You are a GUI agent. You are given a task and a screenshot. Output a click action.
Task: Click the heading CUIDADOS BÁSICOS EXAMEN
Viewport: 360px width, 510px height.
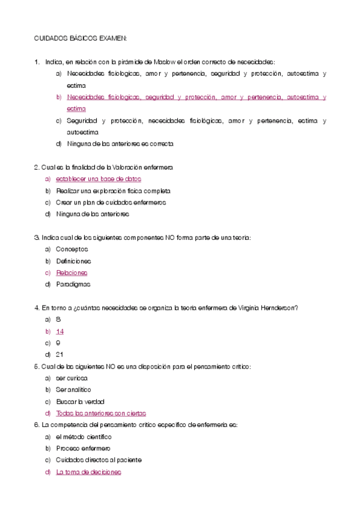[x=80, y=38]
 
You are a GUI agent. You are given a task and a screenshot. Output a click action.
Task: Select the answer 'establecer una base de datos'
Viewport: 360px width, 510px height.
[x=99, y=179]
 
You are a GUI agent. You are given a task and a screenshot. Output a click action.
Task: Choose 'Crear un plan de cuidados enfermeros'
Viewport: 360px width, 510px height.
[x=111, y=202]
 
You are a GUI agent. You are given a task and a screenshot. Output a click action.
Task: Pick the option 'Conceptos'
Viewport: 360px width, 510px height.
[x=72, y=249]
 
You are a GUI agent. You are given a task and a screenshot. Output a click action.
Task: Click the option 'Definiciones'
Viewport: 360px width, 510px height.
[x=73, y=261]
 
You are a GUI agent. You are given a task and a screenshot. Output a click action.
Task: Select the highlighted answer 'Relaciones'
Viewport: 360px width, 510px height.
[x=72, y=272]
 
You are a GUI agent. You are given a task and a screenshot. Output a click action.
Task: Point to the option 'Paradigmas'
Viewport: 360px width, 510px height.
[x=73, y=284]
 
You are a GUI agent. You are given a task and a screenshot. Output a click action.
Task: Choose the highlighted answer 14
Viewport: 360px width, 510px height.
[x=59, y=331]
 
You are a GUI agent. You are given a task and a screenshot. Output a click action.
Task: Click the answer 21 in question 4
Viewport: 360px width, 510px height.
[x=59, y=354]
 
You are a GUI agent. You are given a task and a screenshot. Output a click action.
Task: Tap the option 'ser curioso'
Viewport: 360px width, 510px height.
[x=72, y=378]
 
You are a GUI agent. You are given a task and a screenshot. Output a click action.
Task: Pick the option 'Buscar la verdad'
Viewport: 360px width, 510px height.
[x=81, y=402]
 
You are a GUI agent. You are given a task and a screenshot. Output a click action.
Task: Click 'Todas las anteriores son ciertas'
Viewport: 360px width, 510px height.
[x=101, y=413]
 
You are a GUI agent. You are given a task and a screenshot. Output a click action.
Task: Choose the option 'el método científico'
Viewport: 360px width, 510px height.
[x=84, y=437]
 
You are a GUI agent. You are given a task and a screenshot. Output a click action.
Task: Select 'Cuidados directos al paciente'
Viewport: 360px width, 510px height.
[x=99, y=460]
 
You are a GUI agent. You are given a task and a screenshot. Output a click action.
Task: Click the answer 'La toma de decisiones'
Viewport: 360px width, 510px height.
[x=88, y=472]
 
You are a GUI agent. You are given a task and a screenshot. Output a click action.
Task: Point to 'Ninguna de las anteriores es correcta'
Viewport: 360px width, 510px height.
[x=120, y=144]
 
